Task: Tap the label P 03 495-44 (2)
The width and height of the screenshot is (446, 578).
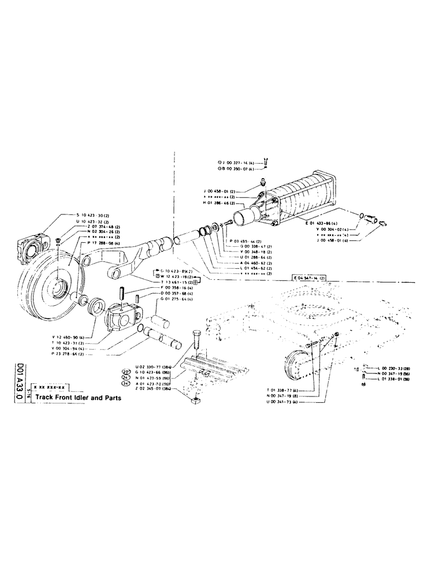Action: tap(246, 240)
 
